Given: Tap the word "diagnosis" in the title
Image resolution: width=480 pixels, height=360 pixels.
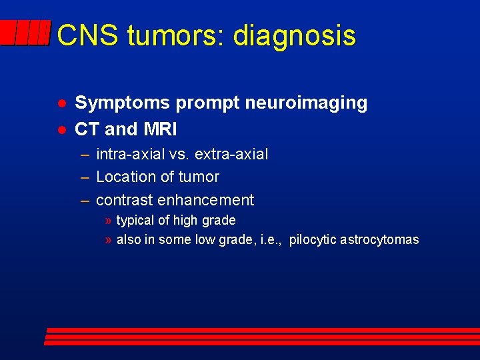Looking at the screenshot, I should pos(294,35).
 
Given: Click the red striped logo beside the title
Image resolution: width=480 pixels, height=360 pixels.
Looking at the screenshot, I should pos(25,33).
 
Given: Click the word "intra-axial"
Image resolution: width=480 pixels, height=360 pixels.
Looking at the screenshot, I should pos(131,155).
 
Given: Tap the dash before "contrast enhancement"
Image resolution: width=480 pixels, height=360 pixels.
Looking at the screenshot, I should pos(85,200).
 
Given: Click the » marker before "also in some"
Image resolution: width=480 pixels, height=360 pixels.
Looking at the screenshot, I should pos(108,240).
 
